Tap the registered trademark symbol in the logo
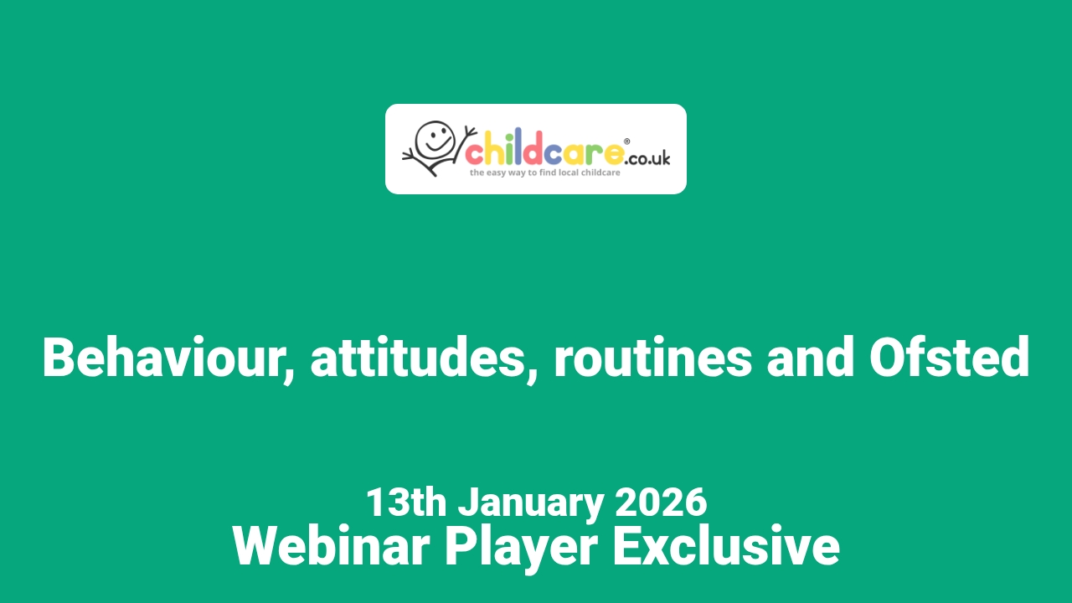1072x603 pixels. point(627,142)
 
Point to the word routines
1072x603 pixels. point(652,358)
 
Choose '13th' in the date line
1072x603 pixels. point(405,502)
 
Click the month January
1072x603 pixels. point(530,502)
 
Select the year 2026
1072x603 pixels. point(661,502)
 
